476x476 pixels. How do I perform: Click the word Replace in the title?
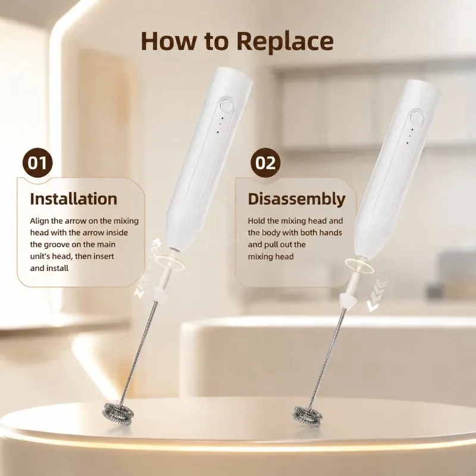pos(285,42)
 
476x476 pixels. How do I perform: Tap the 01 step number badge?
pos(37,162)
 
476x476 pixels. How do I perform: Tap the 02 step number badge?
pos(265,162)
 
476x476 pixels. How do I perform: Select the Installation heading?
pos(73,199)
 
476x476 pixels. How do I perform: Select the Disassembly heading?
pos(296,200)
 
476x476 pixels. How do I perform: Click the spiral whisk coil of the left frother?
pos(118,414)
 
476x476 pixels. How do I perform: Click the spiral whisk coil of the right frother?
pos(308,416)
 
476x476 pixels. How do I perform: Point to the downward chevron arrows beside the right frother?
pos(377,295)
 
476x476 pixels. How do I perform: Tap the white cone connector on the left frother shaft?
pos(161,293)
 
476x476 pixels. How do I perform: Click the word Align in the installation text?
pos(39,221)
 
